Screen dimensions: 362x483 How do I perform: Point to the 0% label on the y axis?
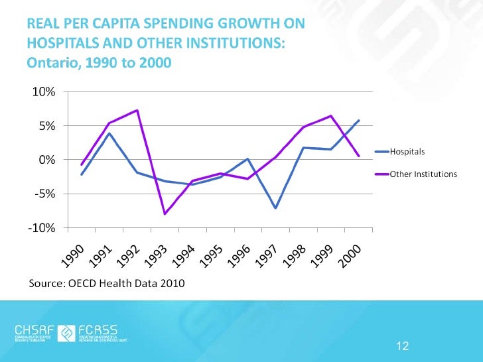(39, 160)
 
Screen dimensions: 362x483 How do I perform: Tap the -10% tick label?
(34, 228)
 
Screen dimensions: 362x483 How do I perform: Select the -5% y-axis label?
(37, 194)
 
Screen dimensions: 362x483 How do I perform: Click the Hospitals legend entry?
(407, 152)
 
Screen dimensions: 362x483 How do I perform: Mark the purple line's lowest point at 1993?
(165, 214)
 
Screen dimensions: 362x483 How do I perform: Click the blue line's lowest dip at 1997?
(275, 208)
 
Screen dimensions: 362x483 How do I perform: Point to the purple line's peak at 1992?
(137, 110)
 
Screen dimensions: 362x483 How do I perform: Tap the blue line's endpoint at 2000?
(359, 120)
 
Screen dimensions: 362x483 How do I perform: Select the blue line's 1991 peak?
(109, 133)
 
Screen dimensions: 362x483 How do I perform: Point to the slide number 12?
(401, 345)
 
